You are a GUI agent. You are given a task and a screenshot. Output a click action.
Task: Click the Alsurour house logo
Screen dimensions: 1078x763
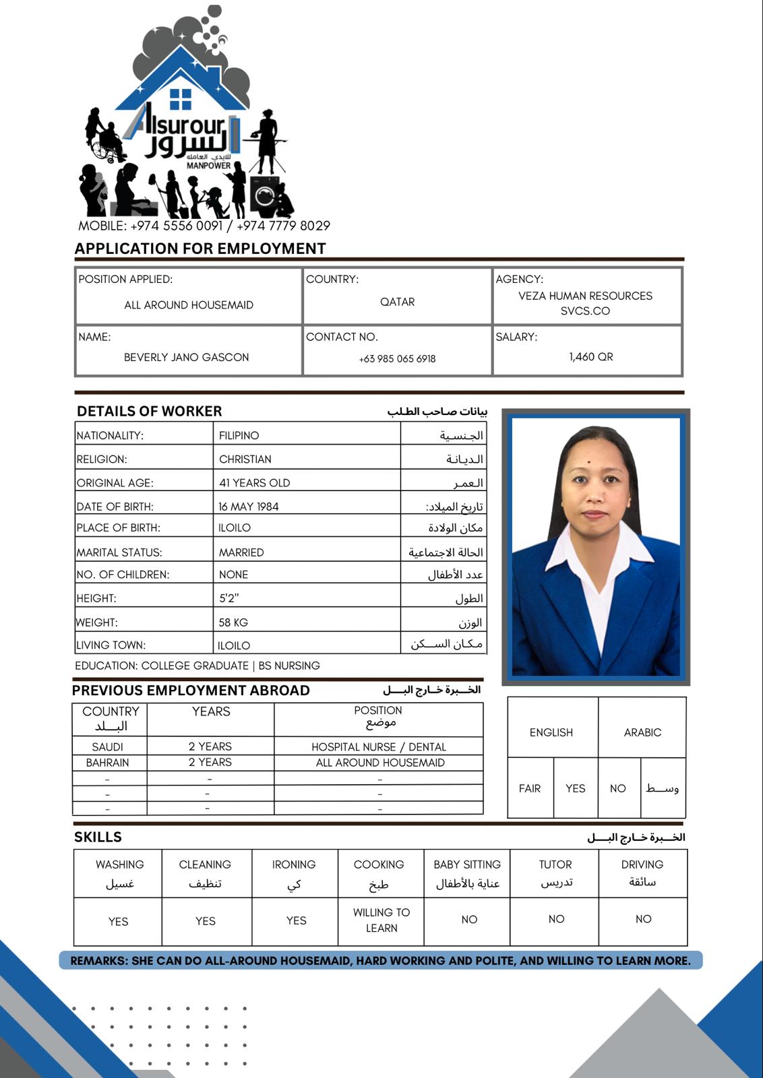pos(185,115)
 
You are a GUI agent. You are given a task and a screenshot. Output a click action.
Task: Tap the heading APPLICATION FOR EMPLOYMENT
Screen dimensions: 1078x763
pos(200,249)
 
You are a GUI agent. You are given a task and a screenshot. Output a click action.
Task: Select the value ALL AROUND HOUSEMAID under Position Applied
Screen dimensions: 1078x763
pos(189,305)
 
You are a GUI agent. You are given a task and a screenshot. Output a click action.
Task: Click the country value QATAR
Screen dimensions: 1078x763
pos(397,302)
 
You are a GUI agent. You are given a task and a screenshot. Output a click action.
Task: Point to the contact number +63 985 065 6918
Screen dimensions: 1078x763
pos(397,359)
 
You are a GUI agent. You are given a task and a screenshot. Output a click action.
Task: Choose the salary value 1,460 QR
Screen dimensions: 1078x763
pos(590,357)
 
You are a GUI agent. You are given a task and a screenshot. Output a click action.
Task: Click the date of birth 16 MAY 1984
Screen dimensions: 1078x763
pos(248,507)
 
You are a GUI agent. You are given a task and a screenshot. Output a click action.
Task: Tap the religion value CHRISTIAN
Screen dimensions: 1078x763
pos(245,459)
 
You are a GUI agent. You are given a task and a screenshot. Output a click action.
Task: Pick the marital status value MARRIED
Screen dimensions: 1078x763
pos(241,552)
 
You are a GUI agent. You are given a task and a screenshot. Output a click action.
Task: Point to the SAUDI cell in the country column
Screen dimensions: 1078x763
pos(108,747)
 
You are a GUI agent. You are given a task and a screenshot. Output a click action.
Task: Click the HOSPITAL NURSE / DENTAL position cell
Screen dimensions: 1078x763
pos(378,747)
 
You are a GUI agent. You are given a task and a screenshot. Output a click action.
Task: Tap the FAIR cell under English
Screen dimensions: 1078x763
pos(530,788)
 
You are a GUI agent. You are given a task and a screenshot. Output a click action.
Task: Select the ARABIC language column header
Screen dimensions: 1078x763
pos(642,732)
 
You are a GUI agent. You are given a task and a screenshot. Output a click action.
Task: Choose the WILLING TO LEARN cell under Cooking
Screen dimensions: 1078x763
pos(381,920)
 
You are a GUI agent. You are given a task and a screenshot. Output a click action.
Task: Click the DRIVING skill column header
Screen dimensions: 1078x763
pos(642,864)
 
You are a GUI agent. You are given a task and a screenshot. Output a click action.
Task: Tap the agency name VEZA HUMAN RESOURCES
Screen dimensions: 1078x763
pos(585,296)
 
